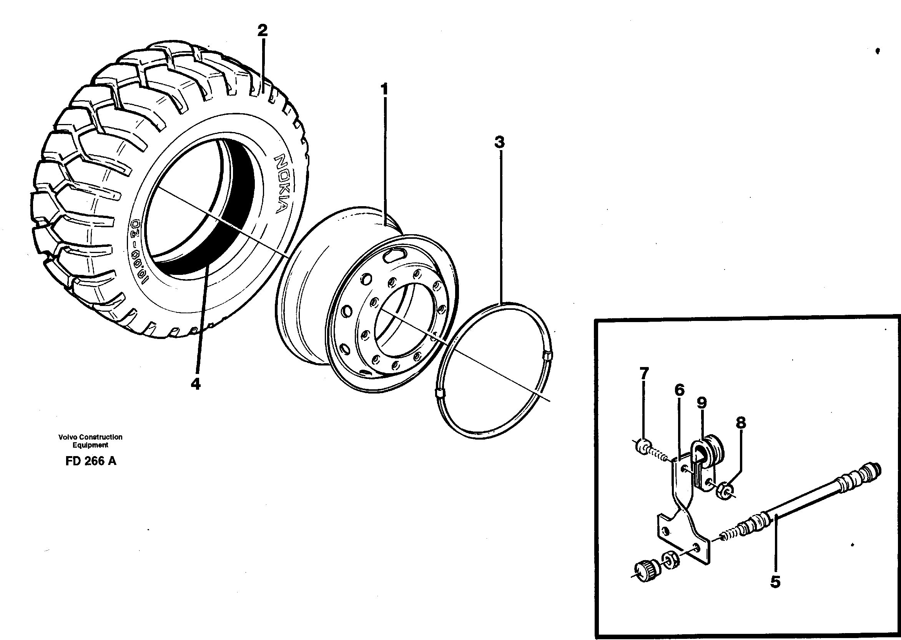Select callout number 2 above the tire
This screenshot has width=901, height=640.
click(x=262, y=30)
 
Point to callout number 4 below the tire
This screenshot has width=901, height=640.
click(x=196, y=384)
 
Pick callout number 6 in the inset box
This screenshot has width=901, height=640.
click(x=679, y=390)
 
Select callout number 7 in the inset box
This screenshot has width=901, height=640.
click(x=644, y=373)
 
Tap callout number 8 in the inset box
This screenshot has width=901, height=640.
click(x=741, y=423)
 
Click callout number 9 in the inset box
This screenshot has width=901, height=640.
click(x=702, y=403)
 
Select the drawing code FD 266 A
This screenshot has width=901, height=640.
click(x=91, y=461)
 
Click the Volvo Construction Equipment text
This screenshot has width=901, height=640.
click(x=90, y=441)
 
